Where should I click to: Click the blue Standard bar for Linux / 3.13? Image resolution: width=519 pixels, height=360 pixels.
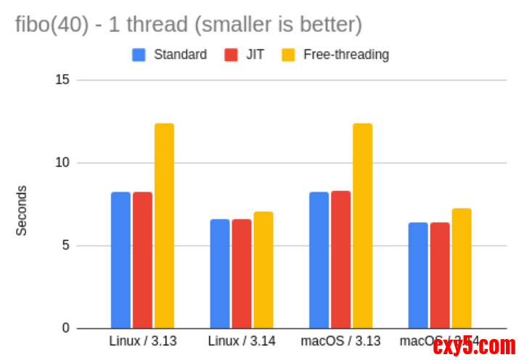(x=120, y=260)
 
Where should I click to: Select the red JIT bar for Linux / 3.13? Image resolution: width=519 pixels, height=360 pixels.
(x=142, y=260)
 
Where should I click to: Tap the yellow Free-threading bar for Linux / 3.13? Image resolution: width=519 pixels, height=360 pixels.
(x=164, y=226)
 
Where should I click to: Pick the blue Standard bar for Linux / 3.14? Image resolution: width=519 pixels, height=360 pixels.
(x=220, y=274)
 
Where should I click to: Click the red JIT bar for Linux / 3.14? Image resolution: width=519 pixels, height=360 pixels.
(x=242, y=274)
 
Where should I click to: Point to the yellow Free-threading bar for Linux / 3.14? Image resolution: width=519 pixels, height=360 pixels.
(x=263, y=270)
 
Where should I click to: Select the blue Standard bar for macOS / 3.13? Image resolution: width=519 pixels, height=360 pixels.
(x=319, y=260)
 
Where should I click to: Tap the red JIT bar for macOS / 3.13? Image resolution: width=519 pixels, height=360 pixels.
(x=340, y=259)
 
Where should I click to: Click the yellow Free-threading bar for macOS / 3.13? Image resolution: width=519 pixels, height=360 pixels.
(x=362, y=226)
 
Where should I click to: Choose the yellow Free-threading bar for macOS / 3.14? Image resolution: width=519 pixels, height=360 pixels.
(x=462, y=269)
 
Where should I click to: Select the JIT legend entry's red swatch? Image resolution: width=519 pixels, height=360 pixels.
(x=232, y=54)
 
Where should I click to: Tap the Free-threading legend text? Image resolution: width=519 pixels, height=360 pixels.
(x=346, y=54)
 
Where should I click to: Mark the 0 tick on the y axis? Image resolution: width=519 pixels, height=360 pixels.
(x=65, y=328)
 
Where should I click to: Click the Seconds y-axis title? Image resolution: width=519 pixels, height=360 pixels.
(x=22, y=210)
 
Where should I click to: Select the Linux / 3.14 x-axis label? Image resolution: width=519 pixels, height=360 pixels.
(x=242, y=340)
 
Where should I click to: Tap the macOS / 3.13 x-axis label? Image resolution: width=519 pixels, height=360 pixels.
(x=340, y=340)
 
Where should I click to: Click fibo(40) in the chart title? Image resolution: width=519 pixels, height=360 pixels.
(x=49, y=25)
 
